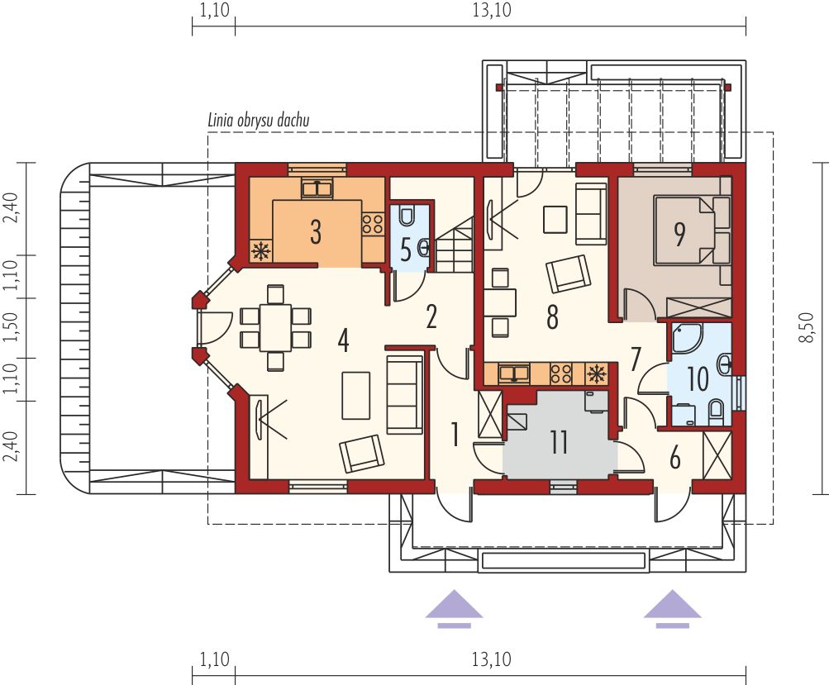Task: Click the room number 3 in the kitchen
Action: pyautogui.click(x=316, y=232)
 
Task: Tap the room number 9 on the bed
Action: pyautogui.click(x=680, y=234)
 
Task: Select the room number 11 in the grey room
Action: pyautogui.click(x=559, y=442)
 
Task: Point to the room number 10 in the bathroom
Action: pyautogui.click(x=698, y=379)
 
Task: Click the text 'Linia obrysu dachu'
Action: pyautogui.click(x=259, y=121)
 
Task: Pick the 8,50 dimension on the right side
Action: pyautogui.click(x=808, y=328)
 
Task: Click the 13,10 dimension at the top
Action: pyautogui.click(x=492, y=10)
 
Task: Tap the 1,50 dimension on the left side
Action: pyautogui.click(x=12, y=328)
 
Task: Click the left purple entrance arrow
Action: pyautogui.click(x=454, y=609)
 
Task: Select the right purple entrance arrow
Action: pyautogui.click(x=673, y=609)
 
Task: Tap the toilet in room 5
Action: pyautogui.click(x=407, y=216)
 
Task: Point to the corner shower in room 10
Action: pyautogui.click(x=686, y=338)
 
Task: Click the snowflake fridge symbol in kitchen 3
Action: pyautogui.click(x=261, y=251)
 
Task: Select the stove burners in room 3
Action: pyautogui.click(x=373, y=224)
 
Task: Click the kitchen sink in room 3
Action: pyautogui.click(x=317, y=188)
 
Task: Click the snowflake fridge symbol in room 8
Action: pyautogui.click(x=597, y=374)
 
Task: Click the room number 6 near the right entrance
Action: pyautogui.click(x=674, y=459)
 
